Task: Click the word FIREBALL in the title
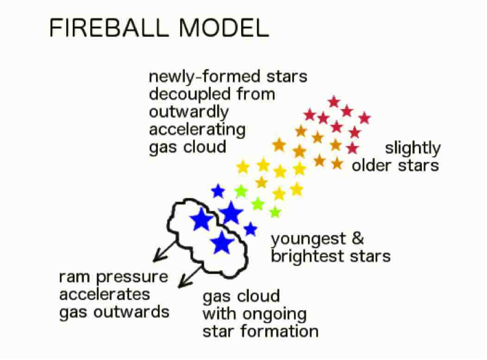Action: tap(109, 28)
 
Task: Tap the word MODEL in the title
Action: tap(224, 28)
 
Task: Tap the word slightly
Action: tap(412, 149)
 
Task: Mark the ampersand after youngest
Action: tap(358, 238)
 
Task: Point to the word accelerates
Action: tap(104, 294)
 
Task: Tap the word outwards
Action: tap(131, 312)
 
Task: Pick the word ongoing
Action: tap(275, 315)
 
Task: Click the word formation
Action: tap(279, 331)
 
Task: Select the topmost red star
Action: tap(334, 102)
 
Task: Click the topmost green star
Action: tap(241, 191)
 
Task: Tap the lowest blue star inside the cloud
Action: tap(222, 242)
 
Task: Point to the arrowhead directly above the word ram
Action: tap(159, 256)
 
